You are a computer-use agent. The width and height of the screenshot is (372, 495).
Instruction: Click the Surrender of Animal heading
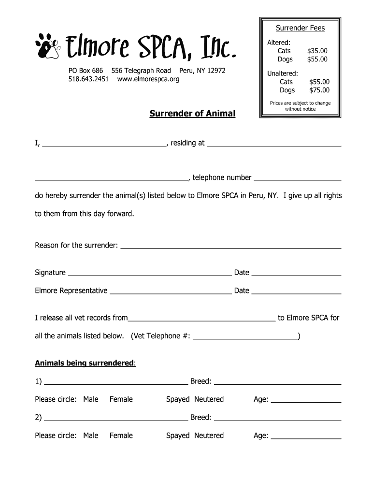(192, 114)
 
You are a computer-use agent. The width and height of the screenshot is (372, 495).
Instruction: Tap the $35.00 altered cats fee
(317, 51)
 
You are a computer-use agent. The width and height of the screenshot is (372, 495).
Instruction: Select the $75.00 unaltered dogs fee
(319, 90)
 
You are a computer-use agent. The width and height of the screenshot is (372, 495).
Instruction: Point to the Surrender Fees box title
(300, 28)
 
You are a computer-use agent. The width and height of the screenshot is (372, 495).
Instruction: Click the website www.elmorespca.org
(148, 79)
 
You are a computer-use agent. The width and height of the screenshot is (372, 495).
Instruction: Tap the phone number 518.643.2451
(88, 79)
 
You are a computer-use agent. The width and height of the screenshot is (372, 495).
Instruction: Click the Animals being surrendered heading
(85, 363)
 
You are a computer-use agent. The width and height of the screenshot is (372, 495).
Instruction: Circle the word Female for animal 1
(121, 399)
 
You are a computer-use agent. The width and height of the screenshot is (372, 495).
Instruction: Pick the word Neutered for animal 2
(209, 436)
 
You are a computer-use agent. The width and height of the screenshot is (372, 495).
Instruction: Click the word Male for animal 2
(90, 436)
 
